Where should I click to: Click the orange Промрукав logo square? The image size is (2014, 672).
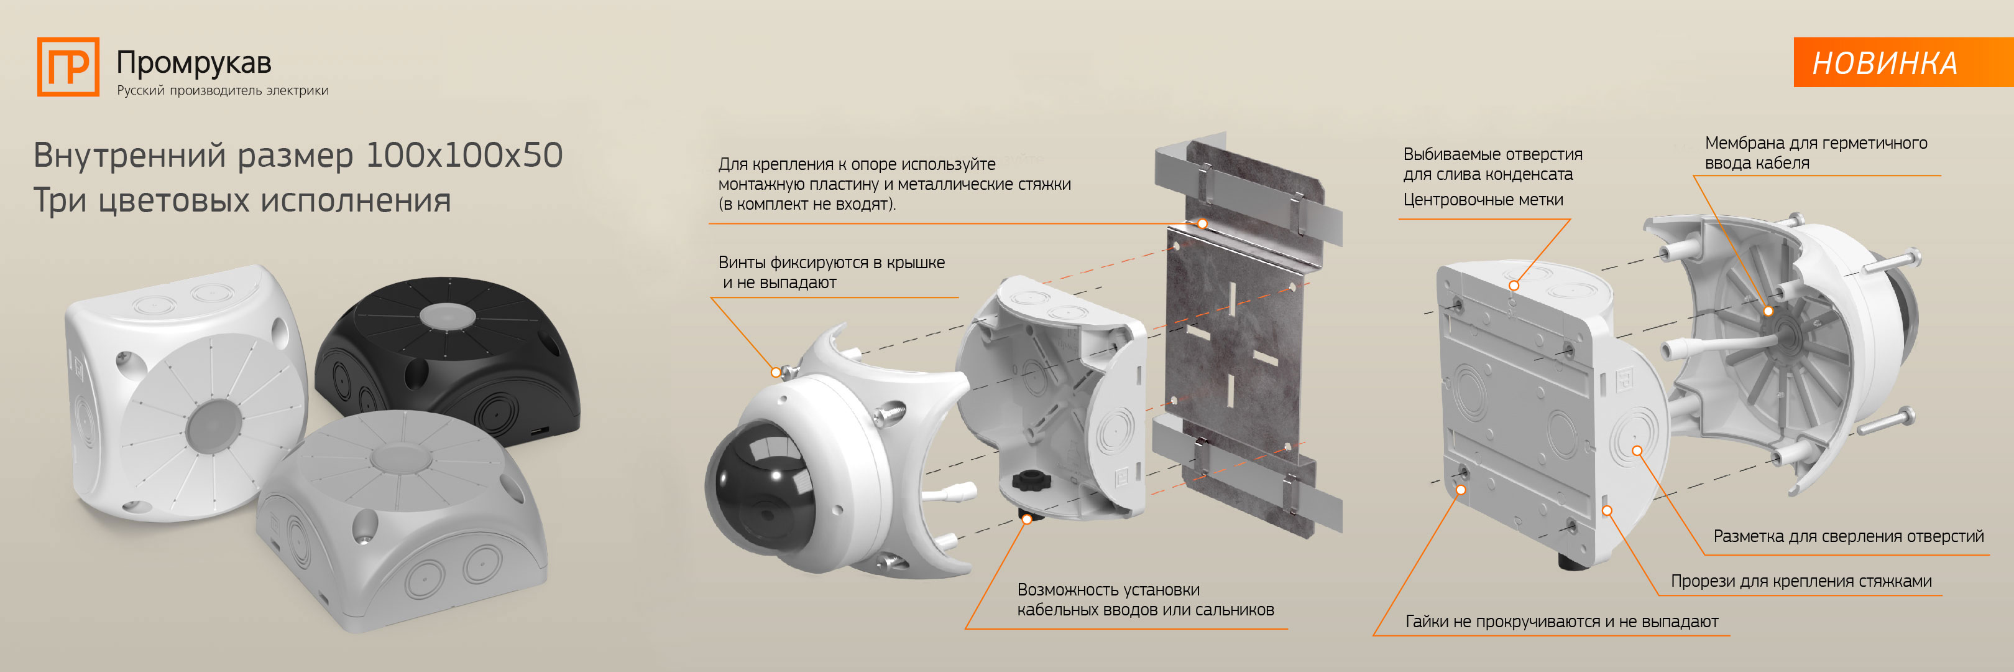point(68,67)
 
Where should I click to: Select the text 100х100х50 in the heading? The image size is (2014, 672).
point(464,155)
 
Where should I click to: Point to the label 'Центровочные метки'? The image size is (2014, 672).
point(1483,200)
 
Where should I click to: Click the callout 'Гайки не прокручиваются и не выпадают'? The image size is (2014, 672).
point(1561,622)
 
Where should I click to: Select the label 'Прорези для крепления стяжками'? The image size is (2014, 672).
point(1801,581)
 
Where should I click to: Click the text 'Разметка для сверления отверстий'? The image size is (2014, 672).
point(1848,536)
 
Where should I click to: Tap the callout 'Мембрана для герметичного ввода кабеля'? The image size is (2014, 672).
point(1816,152)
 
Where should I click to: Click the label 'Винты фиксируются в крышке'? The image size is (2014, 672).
point(831,262)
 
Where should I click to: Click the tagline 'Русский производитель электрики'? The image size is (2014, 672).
point(222,90)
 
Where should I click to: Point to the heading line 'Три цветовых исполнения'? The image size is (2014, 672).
point(242,200)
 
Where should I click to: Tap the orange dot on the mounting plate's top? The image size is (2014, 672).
point(1202,224)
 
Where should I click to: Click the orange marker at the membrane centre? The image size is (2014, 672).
point(1768,310)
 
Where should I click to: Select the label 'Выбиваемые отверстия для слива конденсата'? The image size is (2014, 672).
point(1492,164)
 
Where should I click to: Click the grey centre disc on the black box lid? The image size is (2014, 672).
point(446,316)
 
